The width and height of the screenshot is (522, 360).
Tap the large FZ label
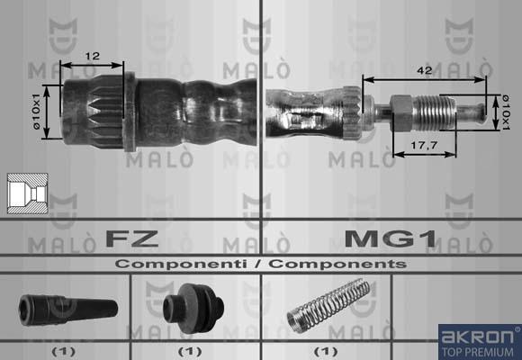[132, 239]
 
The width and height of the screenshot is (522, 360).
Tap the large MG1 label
[391, 239]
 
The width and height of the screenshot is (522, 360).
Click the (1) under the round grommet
[189, 349]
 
